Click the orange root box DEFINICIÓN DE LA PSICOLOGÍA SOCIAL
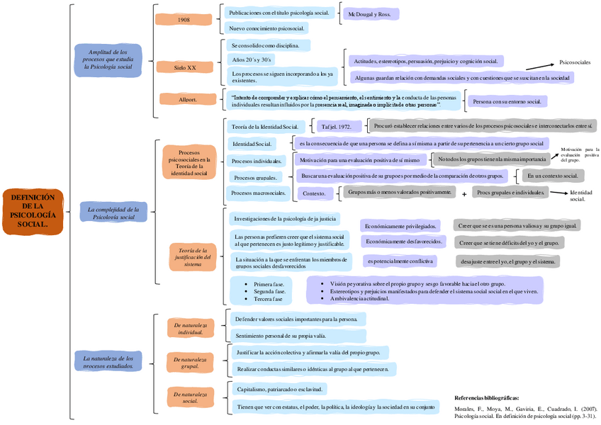pos(33,211)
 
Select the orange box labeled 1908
pos(184,20)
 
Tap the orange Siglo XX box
pos(185,67)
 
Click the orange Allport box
pos(188,99)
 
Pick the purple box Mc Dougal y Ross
pos(369,14)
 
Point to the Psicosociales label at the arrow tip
pos(575,62)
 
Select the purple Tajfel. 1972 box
pos(337,127)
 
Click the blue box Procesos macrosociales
pos(258,193)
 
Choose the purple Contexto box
pos(314,193)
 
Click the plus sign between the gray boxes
pos(464,193)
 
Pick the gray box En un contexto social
pos(553,175)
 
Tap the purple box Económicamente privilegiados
pos(399,226)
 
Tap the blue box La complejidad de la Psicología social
pos(111,212)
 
